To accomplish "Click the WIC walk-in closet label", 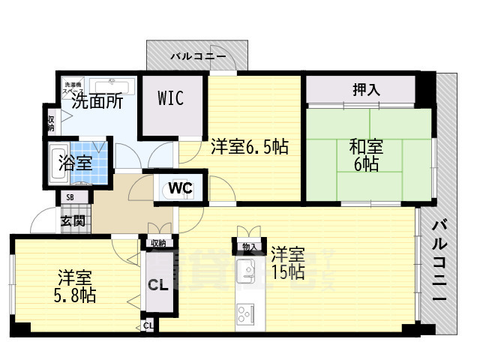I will [170, 99].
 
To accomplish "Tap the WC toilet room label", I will [181, 187].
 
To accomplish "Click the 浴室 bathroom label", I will [76, 162].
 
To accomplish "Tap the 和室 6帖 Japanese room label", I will [367, 155].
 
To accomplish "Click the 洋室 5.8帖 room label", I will [73, 286].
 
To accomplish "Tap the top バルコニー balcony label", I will [196, 56].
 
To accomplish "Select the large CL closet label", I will [157, 285].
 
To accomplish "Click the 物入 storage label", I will [248, 247].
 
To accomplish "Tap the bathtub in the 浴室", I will [58, 161].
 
